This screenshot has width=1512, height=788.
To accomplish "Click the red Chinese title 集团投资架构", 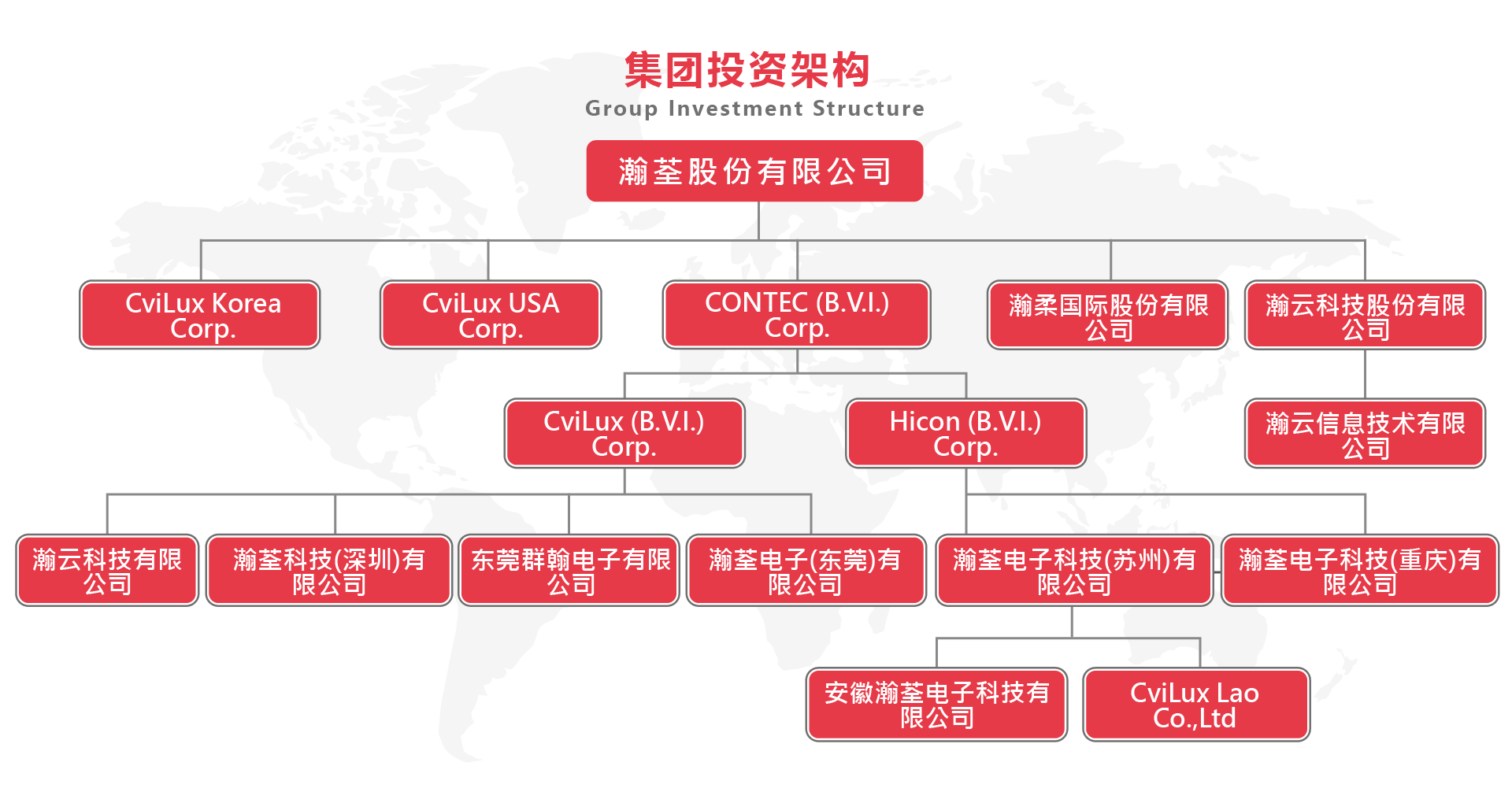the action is pyautogui.click(x=747, y=70).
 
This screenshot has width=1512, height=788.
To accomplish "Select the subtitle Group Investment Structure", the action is pyautogui.click(x=754, y=109).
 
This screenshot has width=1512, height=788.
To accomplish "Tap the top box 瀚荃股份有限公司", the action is pyautogui.click(x=754, y=171).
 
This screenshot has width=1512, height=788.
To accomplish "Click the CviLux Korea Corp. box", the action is pyautogui.click(x=200, y=315).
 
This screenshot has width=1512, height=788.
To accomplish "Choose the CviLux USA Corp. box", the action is pyautogui.click(x=491, y=315).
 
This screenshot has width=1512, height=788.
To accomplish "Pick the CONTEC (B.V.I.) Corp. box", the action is pyautogui.click(x=797, y=315).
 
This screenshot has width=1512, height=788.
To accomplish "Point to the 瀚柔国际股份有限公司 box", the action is pyautogui.click(x=1108, y=315).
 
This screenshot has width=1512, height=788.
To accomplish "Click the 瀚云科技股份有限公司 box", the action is pyautogui.click(x=1365, y=315).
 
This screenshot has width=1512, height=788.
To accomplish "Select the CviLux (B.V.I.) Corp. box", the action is pyautogui.click(x=624, y=433).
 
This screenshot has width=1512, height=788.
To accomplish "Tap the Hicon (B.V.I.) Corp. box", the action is pyautogui.click(x=966, y=433).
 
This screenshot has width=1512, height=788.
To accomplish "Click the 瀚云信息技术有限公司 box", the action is pyautogui.click(x=1365, y=433).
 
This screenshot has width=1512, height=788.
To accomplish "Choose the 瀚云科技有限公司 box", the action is pyautogui.click(x=107, y=571).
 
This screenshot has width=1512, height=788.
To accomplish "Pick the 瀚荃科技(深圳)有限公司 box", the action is pyautogui.click(x=329, y=571).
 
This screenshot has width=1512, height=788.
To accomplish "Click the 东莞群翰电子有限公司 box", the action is pyautogui.click(x=569, y=571).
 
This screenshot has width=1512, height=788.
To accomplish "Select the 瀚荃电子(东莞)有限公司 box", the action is pyautogui.click(x=806, y=571).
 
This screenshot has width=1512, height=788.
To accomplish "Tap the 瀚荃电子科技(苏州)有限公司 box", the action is pyautogui.click(x=1074, y=571).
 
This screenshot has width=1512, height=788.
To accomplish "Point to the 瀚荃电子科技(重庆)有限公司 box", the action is pyautogui.click(x=1360, y=571).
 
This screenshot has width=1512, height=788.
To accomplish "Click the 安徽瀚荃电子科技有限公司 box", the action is pyautogui.click(x=937, y=705).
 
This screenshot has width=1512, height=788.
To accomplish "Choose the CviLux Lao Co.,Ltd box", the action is pyautogui.click(x=1196, y=705).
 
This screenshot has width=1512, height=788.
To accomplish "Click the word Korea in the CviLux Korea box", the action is pyautogui.click(x=246, y=303).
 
